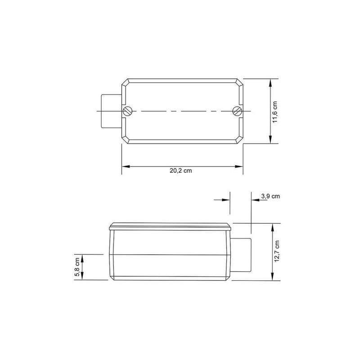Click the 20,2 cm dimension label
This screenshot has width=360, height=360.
click(182, 171)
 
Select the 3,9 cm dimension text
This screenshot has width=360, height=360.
click(270, 196)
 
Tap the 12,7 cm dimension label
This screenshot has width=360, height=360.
click(278, 251)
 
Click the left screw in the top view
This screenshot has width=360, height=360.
click(128, 111)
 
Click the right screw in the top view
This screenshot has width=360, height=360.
click(238, 111)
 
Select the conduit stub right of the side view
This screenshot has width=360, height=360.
click(241, 254)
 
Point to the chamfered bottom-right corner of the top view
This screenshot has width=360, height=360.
click(240, 140)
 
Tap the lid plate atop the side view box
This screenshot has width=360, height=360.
click(170, 226)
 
